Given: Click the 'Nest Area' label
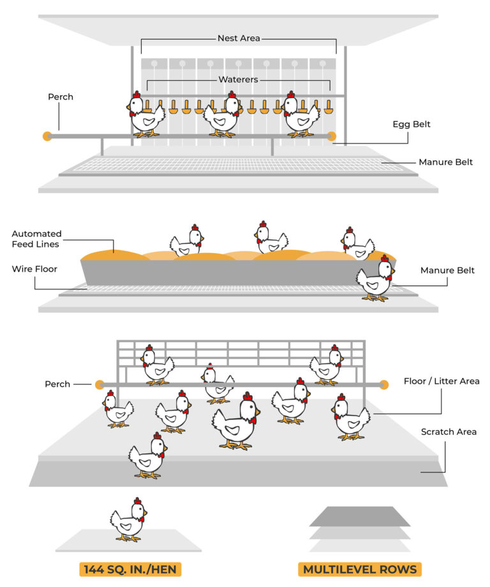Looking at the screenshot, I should [x=239, y=38].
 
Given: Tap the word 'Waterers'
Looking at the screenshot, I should [x=239, y=80].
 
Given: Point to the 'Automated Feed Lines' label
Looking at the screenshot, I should [x=36, y=239].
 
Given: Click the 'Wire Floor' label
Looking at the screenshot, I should [x=34, y=269].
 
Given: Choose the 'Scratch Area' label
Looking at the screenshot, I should [x=449, y=432].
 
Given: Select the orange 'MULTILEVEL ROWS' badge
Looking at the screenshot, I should [x=359, y=569].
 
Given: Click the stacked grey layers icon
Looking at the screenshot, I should [x=360, y=528].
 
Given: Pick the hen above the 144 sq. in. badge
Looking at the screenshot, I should [x=128, y=519].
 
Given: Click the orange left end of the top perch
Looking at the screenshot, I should [x=47, y=136].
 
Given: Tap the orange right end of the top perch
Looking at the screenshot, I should [x=332, y=136].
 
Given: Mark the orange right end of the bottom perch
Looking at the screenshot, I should [x=383, y=384].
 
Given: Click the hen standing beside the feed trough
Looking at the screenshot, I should [x=375, y=279].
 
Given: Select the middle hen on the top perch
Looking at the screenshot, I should [x=221, y=115].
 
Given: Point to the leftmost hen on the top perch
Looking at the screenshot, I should [x=146, y=115].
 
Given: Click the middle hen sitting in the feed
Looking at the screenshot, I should [x=271, y=240].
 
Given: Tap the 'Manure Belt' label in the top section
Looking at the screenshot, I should [x=445, y=163].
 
